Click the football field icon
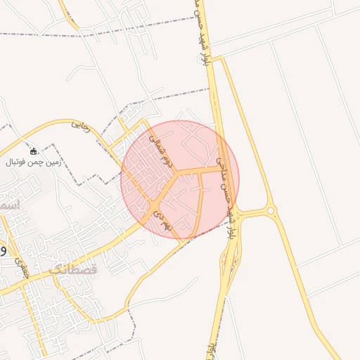click(x=33, y=151)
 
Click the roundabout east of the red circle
click(x=271, y=210)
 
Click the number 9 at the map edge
click(x=4, y=250)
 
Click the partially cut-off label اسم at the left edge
click(x=10, y=204)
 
